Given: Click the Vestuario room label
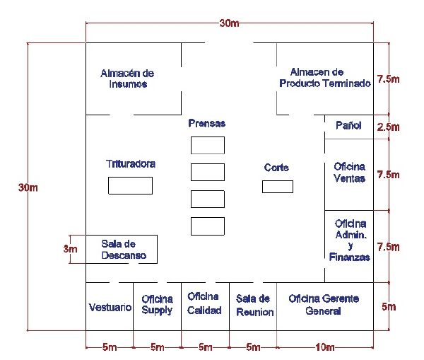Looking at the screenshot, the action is tap(110, 307).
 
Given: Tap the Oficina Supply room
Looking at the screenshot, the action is tap(157, 305).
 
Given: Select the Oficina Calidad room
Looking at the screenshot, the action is tap(204, 303).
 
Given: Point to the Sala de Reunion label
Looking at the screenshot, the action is tap(254, 306).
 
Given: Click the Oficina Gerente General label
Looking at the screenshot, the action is tap(324, 305).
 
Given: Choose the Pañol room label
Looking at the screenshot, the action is tap(348, 125).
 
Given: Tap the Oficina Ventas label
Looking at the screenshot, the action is tap(349, 172).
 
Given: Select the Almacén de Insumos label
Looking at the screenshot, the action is tap(127, 79).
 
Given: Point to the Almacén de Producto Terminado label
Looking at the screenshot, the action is tap(325, 77).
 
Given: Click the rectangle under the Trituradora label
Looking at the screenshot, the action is tap(130, 186).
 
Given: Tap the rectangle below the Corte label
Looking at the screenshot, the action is tap(278, 187).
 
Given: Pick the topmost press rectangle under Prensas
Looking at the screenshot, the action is tap(208, 146).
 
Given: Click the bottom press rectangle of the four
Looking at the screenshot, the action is tap(208, 226).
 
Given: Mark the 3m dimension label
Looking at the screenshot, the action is tap(70, 249).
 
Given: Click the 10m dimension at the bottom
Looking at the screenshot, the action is tap(325, 347).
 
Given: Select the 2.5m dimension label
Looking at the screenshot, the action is tap(388, 127).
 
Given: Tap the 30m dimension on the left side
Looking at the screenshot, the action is tap(28, 187).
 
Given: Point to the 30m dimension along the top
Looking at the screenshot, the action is tap(229, 23).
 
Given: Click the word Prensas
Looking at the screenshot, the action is tap(207, 123).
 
